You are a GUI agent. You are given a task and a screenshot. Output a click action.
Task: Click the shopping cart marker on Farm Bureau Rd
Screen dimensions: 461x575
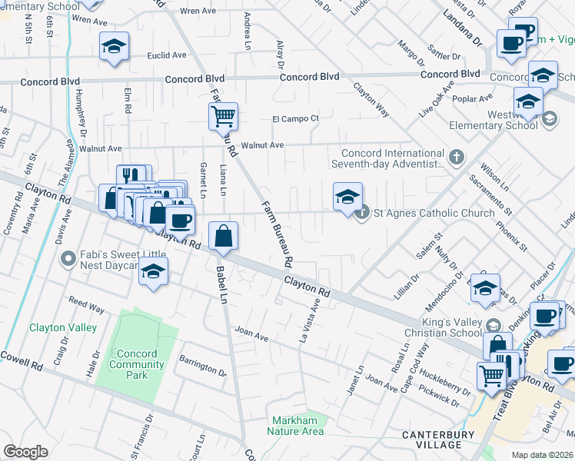[223, 117]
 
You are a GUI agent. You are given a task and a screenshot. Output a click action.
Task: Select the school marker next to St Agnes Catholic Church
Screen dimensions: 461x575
[347, 197]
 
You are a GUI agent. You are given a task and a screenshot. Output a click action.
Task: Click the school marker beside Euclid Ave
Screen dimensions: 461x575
[113, 48]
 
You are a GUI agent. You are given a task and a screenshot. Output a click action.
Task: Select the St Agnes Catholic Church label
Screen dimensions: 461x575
[434, 213]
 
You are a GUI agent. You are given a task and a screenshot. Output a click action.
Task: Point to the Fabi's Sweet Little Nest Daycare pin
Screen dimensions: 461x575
[68, 258]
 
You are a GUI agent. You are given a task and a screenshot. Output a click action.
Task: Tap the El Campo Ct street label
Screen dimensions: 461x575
[295, 119]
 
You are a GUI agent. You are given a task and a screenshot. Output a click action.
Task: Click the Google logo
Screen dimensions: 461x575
[25, 452]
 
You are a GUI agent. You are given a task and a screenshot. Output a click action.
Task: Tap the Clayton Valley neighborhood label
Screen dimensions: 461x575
[63, 327]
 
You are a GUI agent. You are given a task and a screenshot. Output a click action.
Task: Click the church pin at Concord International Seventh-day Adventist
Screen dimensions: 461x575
[457, 158]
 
